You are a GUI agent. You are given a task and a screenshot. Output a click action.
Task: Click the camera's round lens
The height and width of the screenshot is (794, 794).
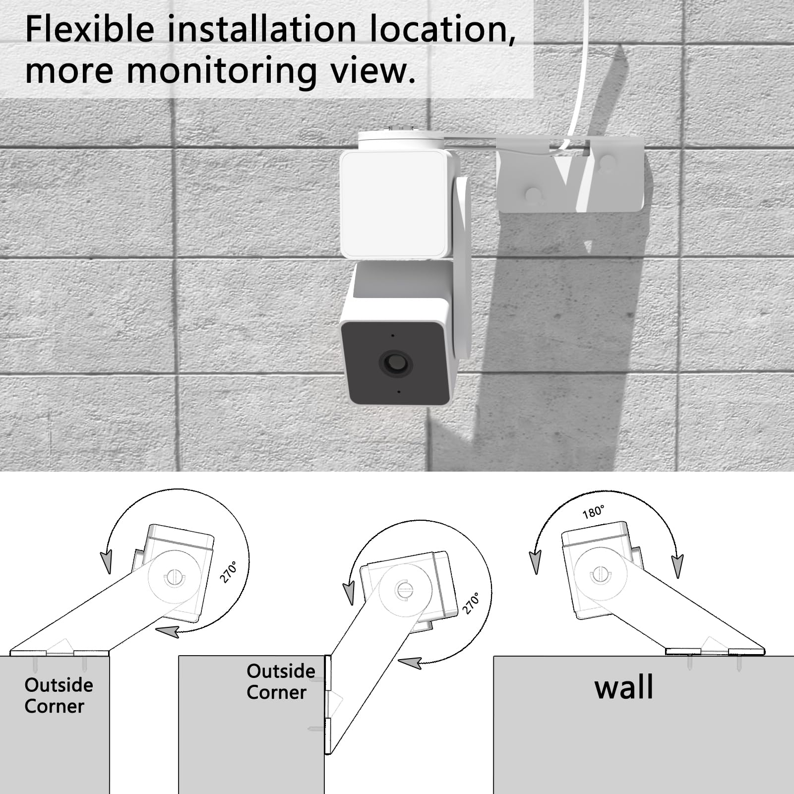click(x=395, y=364)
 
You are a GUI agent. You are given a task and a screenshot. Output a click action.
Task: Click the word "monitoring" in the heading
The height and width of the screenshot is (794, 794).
click(x=221, y=70)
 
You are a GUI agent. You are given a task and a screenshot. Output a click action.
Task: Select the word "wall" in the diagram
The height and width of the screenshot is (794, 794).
click(x=623, y=687)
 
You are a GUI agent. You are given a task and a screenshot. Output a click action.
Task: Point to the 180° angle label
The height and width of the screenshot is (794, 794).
click(x=594, y=512)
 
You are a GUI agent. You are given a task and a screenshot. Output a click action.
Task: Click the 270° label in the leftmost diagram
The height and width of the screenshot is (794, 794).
click(x=229, y=572)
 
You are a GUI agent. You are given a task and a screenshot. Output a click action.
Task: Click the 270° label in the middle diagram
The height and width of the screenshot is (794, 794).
click(x=471, y=603)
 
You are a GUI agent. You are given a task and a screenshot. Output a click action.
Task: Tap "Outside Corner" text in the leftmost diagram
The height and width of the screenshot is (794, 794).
click(x=58, y=695)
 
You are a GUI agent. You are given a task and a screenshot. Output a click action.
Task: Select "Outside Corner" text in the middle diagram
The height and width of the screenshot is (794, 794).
click(x=280, y=681)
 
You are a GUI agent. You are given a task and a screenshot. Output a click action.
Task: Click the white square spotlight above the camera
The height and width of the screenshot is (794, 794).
click(x=395, y=203)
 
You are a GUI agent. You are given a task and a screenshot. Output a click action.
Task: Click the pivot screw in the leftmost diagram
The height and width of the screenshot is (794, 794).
click(x=174, y=577)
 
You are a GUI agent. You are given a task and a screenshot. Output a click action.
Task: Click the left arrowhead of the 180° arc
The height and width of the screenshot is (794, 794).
click(x=535, y=562)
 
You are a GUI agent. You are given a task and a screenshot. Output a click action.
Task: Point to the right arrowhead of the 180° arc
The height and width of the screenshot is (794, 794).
click(x=677, y=566)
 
